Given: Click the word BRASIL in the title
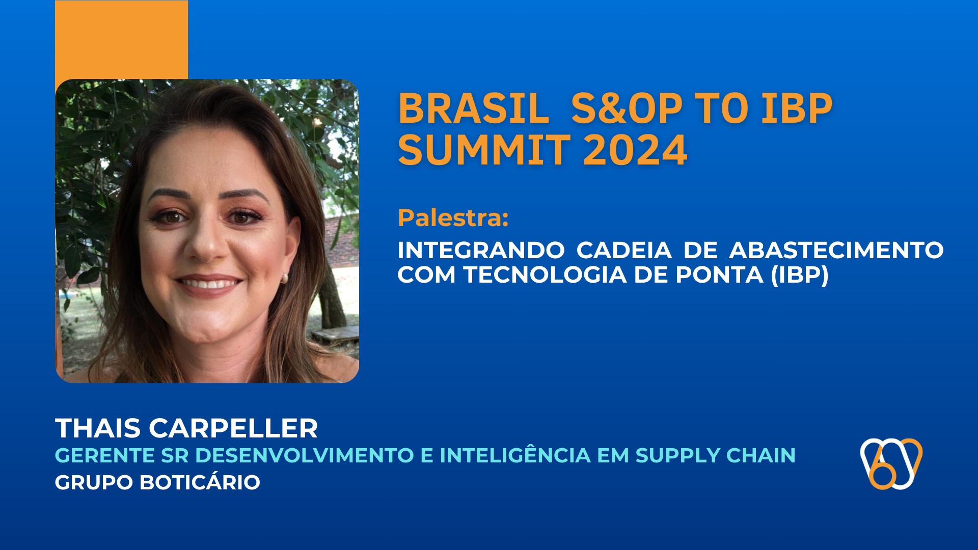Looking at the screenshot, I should coord(474,109).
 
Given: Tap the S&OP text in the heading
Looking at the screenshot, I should coord(627,109).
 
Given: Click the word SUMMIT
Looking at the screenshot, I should coord(484,150).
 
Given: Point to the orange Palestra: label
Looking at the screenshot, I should coord(453,218).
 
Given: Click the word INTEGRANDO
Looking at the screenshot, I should coord(481,251).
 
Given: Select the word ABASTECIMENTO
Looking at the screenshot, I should coord(836,251).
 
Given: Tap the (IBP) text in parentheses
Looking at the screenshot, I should coord(800,275).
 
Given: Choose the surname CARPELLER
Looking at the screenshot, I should coord(233,428).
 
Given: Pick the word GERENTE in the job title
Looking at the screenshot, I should coord(105,456).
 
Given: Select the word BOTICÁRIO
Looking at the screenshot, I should coord(200,482).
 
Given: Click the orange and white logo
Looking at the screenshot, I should coord(891,463).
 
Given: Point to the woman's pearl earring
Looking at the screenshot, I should coord(285,278).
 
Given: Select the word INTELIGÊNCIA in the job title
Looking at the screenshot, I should coord(515,456).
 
